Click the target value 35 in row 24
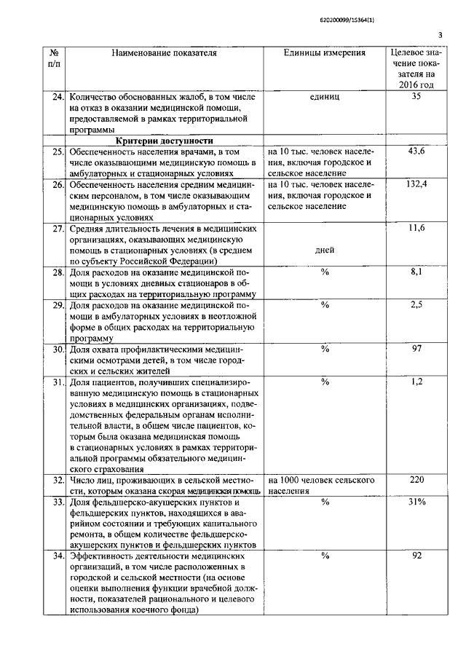[416, 95]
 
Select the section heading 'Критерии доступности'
[164, 141]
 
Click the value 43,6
[416, 151]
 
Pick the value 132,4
[416, 185]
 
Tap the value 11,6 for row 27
[416, 229]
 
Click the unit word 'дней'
[325, 250]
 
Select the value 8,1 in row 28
[416, 272]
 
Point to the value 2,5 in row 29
[416, 305]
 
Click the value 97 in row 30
[416, 349]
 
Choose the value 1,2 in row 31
[416, 381]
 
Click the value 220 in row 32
[416, 481]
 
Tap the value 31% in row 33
[416, 502]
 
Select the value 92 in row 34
[416, 556]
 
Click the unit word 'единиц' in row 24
[325, 95]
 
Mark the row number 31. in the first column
[58, 382]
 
